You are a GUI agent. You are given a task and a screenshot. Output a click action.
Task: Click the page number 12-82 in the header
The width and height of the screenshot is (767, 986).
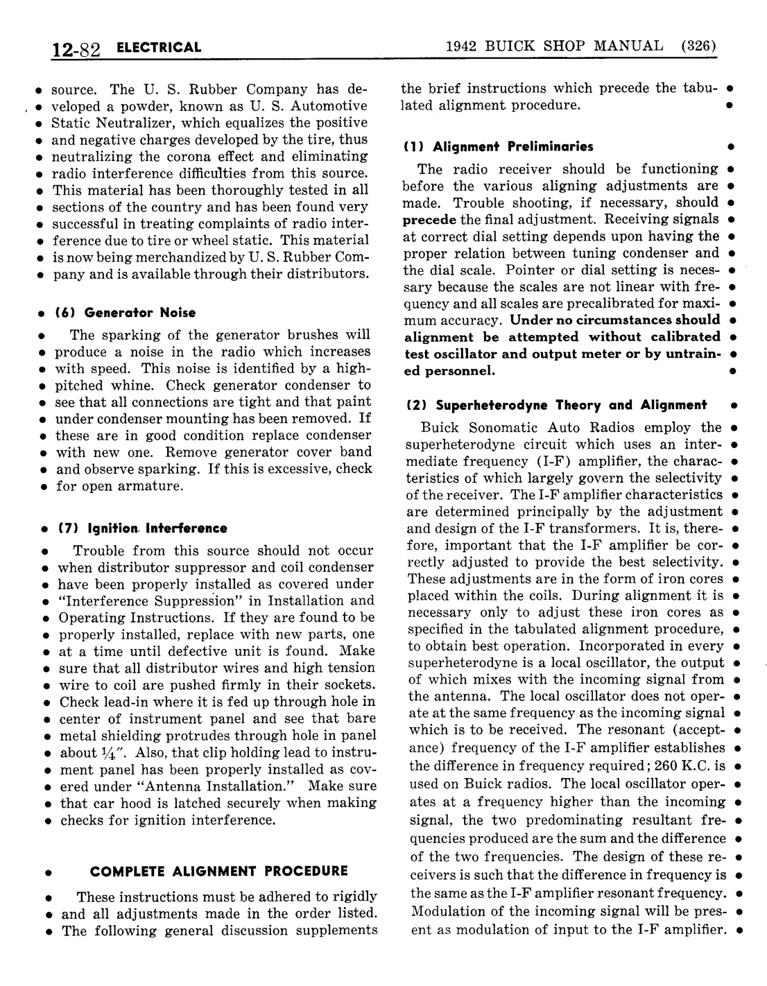[76, 49]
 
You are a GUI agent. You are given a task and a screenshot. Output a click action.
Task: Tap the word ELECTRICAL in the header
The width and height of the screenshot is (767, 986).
[159, 48]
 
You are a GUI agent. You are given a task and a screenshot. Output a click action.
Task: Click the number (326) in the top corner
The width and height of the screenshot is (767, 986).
[698, 46]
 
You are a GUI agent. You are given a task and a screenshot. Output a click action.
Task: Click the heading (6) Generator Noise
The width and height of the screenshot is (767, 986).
[125, 313]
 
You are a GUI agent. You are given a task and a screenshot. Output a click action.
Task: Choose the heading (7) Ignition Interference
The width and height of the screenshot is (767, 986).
[141, 528]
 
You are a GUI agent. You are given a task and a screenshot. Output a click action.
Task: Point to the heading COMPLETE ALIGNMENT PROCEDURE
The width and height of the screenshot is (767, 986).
[219, 871]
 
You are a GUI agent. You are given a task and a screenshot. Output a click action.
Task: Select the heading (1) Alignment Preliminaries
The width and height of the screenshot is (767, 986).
[498, 146]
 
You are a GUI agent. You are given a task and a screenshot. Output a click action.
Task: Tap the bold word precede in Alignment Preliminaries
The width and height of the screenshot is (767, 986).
[429, 219]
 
